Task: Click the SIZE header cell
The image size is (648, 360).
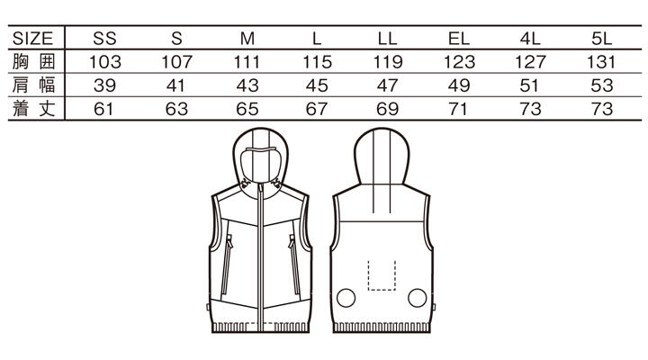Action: click(32, 39)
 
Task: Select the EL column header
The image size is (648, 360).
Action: click(459, 39)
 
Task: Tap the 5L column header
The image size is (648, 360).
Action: click(601, 39)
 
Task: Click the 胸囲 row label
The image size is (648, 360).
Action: click(33, 61)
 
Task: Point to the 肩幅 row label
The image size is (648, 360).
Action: click(33, 85)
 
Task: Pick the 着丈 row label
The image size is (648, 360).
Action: click(33, 109)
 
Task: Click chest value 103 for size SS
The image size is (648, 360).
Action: click(105, 62)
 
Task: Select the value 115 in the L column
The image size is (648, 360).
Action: click(317, 62)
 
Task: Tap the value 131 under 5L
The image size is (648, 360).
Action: click(601, 62)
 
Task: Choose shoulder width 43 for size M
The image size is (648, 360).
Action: click(247, 85)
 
